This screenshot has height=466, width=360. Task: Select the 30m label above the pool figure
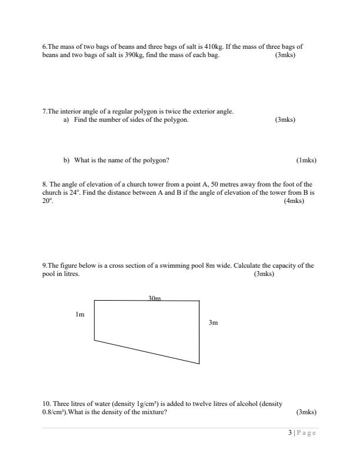(155, 298)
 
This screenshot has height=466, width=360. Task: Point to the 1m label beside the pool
(80, 315)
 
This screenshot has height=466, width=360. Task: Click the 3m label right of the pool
(214, 323)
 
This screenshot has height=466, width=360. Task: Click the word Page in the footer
(307, 434)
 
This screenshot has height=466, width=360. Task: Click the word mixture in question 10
(153, 412)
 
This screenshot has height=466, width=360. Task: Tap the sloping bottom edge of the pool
(147, 352)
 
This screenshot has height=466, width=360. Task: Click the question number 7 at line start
(44, 111)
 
